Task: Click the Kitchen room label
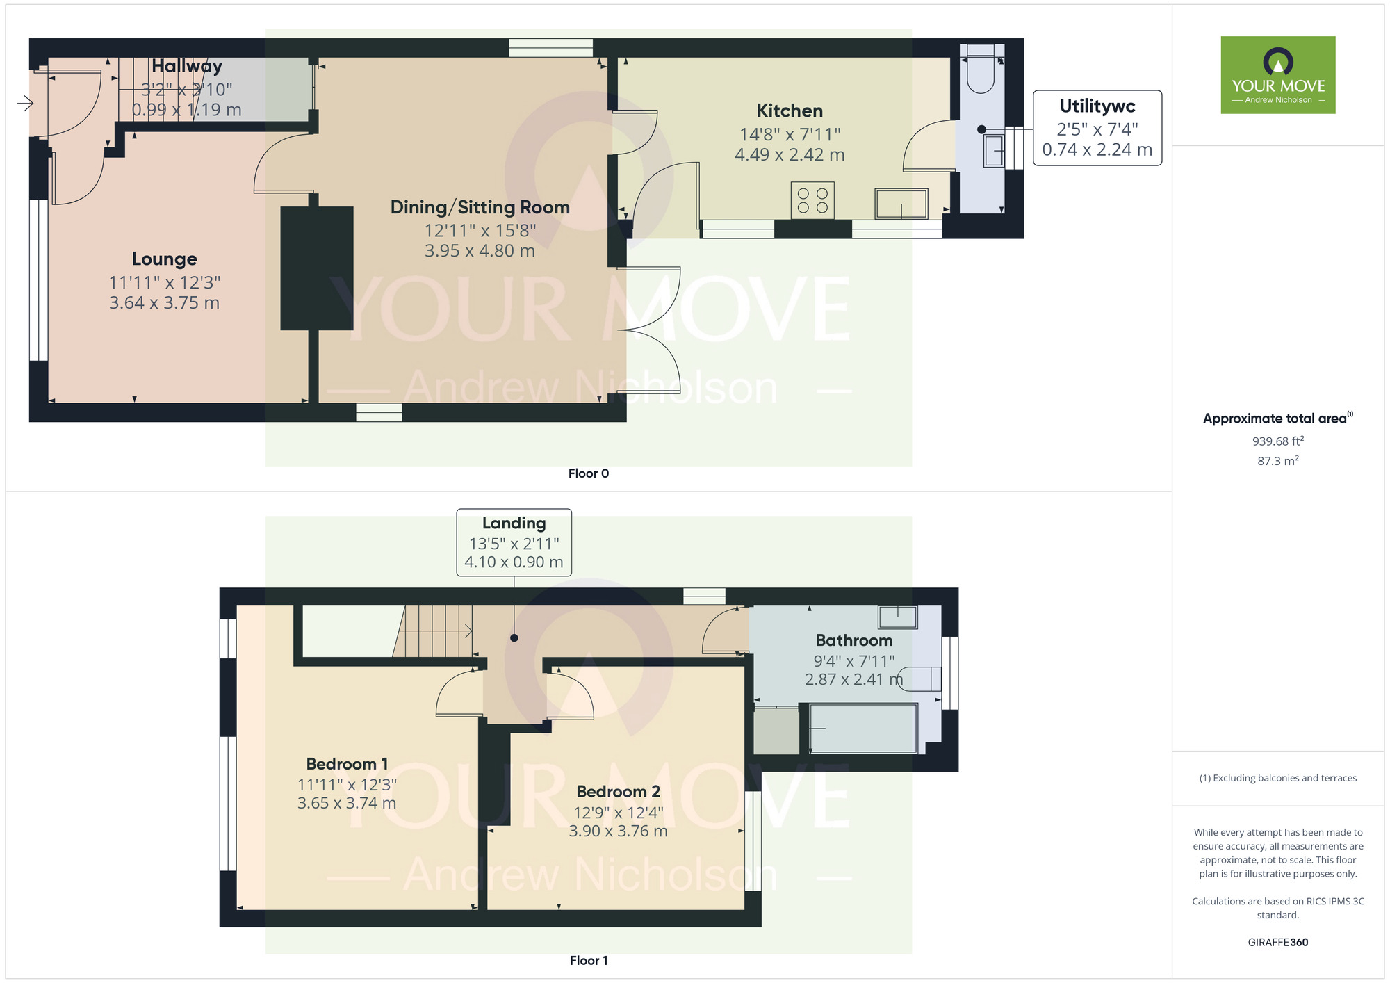pos(790,111)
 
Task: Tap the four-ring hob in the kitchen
pos(812,200)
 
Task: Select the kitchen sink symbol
pos(901,203)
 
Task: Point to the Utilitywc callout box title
pos(1097,106)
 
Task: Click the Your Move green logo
pos(1277,75)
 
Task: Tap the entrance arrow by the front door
pos(25,104)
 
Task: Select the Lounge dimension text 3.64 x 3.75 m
pos(164,303)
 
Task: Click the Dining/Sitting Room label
pos(480,207)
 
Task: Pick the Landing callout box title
pos(514,523)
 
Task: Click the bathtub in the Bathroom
pos(862,728)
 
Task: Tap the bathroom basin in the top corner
pos(897,616)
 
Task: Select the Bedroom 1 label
pos(347,764)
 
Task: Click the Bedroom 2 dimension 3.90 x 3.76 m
pos(618,831)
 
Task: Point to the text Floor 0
pos(588,473)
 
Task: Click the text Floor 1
pos(588,961)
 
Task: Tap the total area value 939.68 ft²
pos(1277,441)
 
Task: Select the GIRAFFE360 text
pos(1277,943)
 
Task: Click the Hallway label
pos(186,66)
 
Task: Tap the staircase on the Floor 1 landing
pos(434,631)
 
